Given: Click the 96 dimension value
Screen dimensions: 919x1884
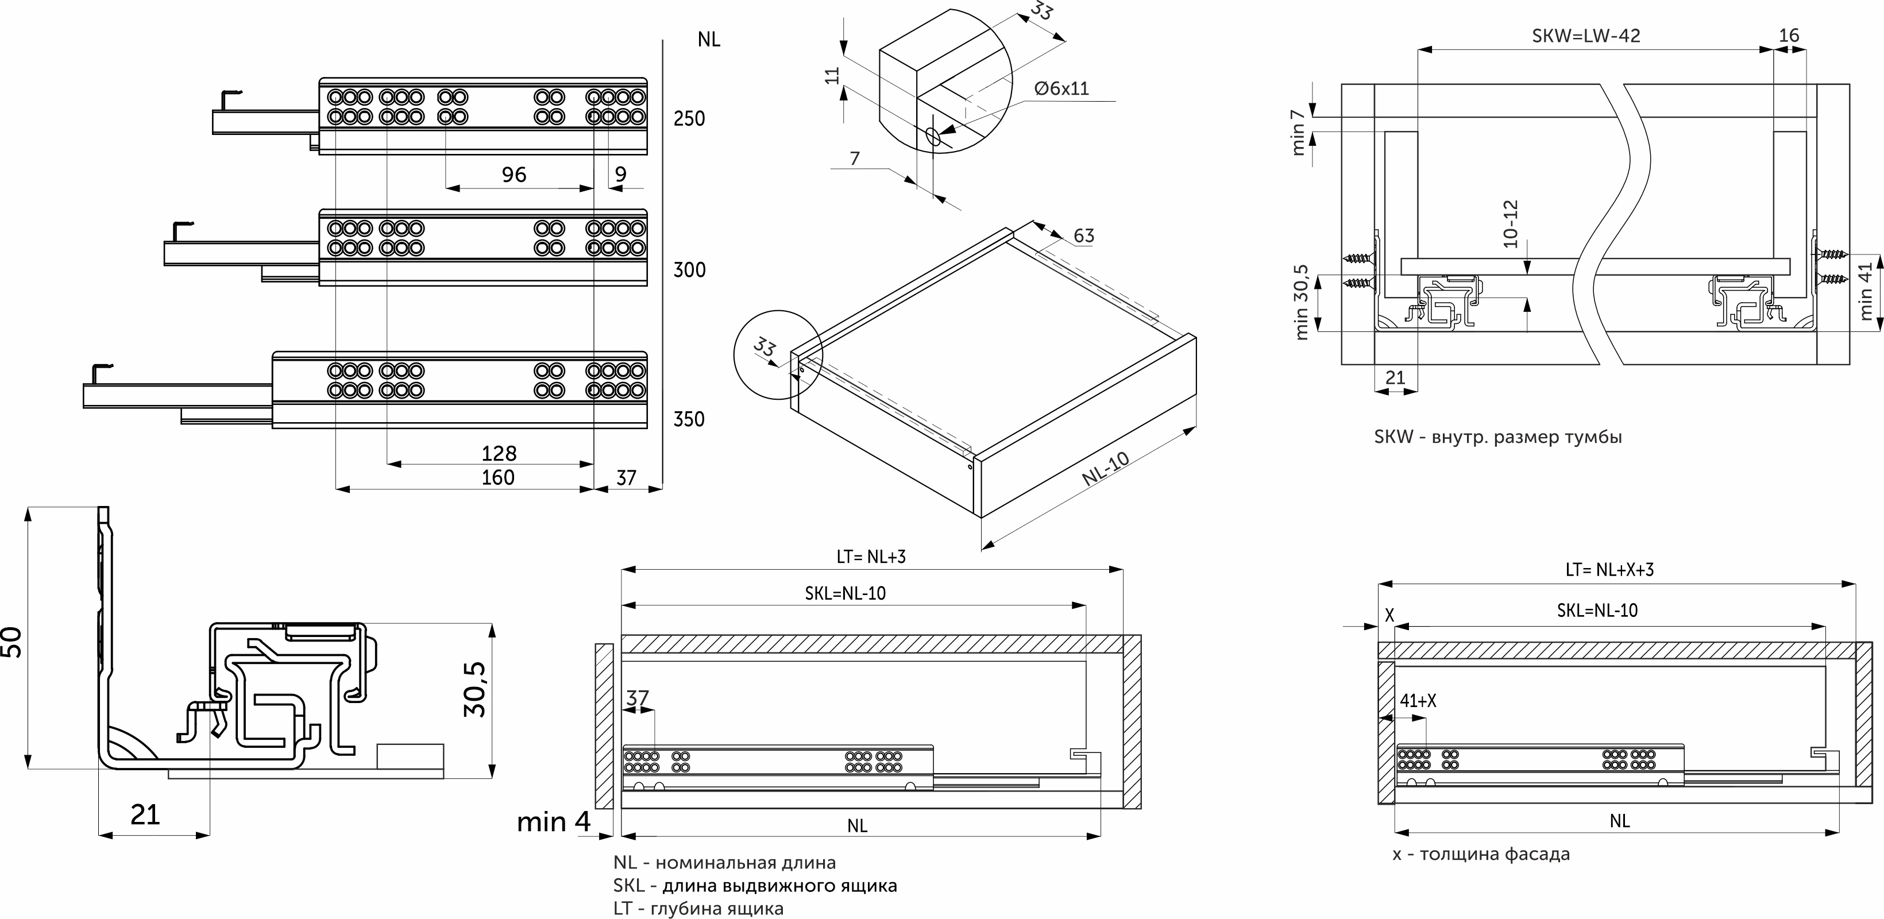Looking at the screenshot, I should point(514,175).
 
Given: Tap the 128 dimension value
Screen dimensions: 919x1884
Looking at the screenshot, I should point(499,453).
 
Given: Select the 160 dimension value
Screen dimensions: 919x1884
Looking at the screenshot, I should point(497,477).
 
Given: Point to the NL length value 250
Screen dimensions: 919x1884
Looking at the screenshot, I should point(689,118).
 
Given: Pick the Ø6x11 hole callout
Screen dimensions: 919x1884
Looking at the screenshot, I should point(1061,88).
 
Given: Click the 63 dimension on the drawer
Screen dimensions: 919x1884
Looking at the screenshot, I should point(1083,235).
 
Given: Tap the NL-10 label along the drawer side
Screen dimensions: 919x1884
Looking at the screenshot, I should point(1105,469).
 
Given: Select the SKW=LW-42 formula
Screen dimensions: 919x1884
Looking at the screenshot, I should point(1585,36).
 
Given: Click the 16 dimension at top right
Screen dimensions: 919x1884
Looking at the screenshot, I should point(1789,35).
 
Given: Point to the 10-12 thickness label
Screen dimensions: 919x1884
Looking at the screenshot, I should point(1511,223).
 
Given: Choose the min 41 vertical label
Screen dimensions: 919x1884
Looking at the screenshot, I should point(1865,291).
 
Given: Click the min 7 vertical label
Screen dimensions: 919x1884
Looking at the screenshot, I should point(1298,132).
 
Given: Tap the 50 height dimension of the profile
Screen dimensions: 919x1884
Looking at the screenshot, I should point(13,642).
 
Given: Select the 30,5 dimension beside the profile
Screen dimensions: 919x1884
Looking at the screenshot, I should point(476,689).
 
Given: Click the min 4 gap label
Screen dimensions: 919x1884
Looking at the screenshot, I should point(554,822).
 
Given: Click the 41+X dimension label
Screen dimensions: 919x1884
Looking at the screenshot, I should point(1418,701).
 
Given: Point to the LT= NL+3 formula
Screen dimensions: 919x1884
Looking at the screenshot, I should point(871,557).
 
